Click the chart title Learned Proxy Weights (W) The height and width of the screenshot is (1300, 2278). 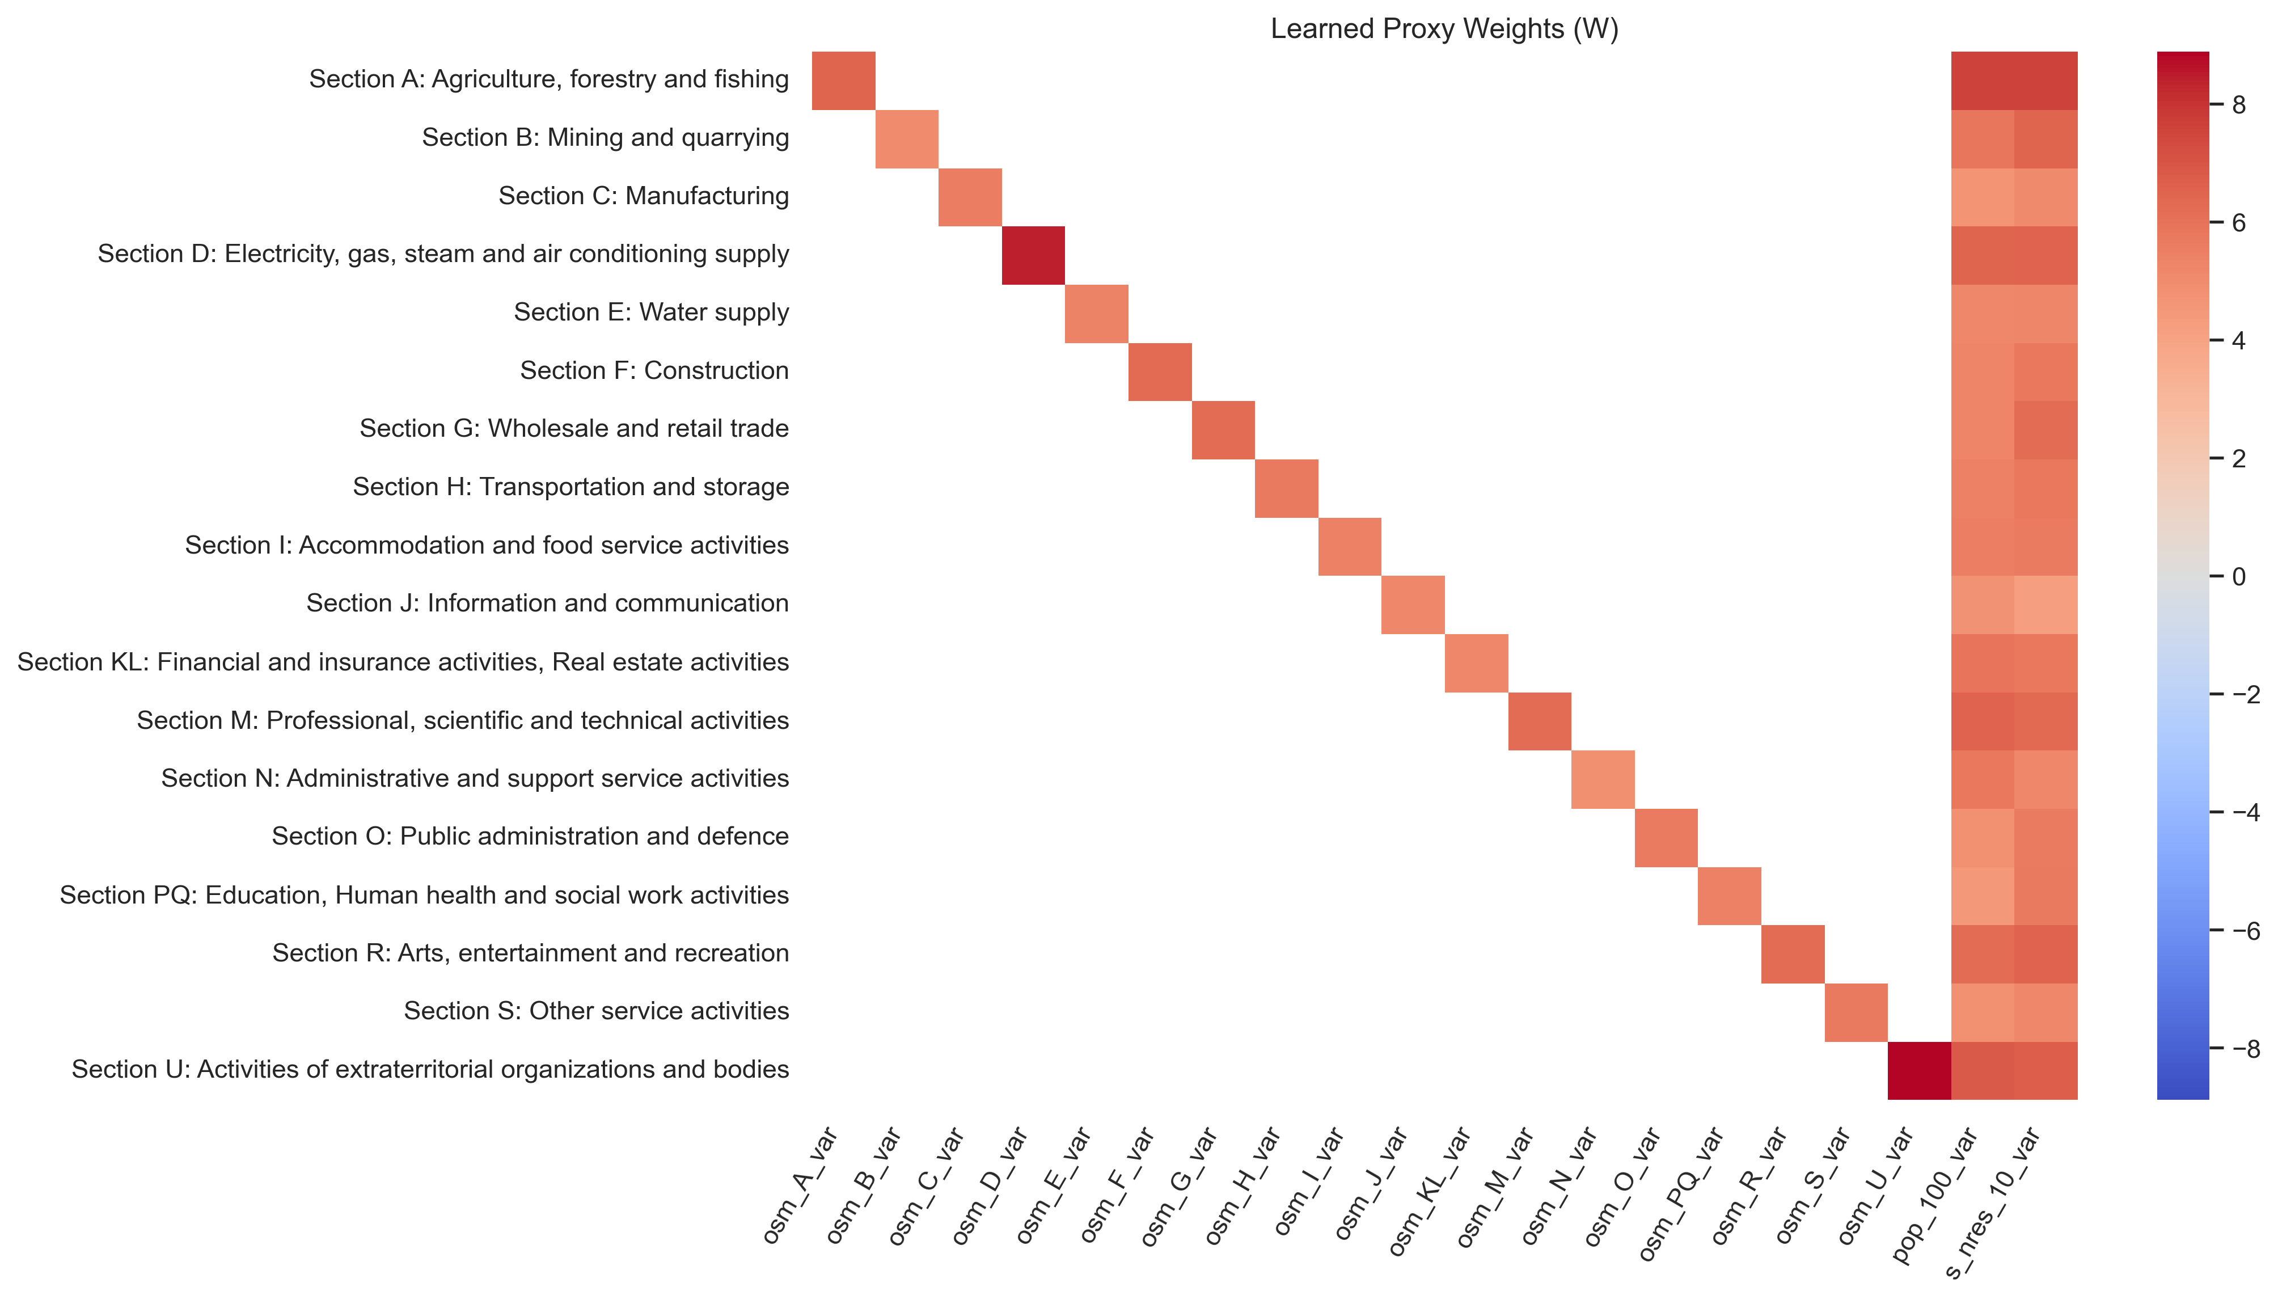pos(1443,28)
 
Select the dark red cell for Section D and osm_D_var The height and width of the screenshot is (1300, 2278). pos(1033,255)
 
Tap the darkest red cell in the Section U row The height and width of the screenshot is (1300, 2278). pos(1918,1070)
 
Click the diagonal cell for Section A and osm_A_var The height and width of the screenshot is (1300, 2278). pos(843,81)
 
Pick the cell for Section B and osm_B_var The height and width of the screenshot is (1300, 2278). pos(906,138)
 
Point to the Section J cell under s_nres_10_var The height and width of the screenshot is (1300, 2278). pos(2045,605)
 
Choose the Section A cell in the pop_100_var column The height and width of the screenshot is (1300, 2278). pos(1981,81)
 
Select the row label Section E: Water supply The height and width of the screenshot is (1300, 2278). pos(650,313)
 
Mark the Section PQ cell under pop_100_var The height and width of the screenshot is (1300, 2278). pos(1981,896)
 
